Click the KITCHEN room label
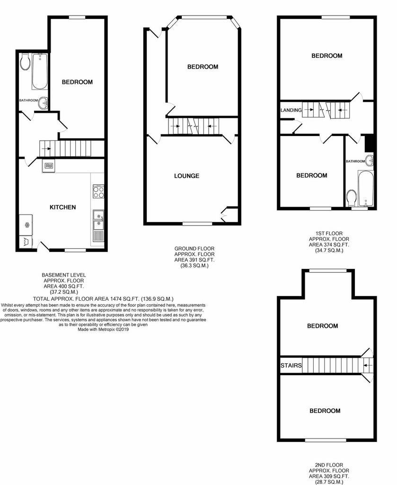click(x=63, y=207)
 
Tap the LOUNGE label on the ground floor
click(x=186, y=176)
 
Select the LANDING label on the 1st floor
click(x=291, y=110)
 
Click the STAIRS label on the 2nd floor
click(x=291, y=366)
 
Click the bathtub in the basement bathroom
click(x=40, y=71)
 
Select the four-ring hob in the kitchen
click(x=98, y=192)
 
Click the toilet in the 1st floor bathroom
click(x=351, y=198)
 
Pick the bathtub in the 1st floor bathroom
click(x=366, y=188)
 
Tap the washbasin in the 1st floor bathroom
click(x=369, y=160)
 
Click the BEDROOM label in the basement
click(x=77, y=82)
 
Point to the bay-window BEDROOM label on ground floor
click(x=203, y=67)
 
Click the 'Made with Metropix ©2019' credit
click(x=103, y=330)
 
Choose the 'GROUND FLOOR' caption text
click(x=194, y=248)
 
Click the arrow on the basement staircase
click(x=47, y=149)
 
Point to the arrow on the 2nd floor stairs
click(x=368, y=365)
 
